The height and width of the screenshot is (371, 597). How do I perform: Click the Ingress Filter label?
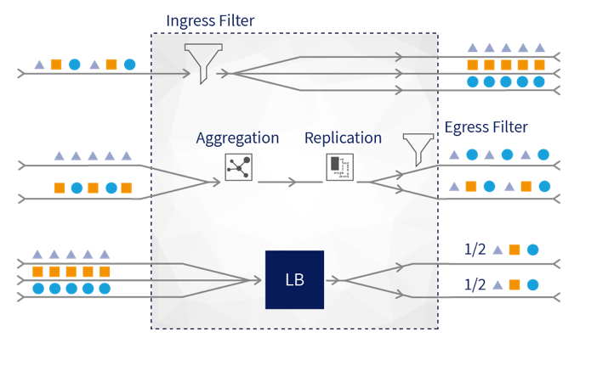pyautogui.click(x=210, y=20)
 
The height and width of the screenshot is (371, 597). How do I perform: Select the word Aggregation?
pyautogui.click(x=237, y=138)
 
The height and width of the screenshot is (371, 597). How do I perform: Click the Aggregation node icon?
pyautogui.click(x=238, y=168)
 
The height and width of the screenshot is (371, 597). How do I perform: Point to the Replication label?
pyautogui.click(x=343, y=138)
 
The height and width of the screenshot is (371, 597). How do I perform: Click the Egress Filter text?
pyautogui.click(x=486, y=127)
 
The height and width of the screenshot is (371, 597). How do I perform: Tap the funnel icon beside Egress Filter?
pyautogui.click(x=418, y=149)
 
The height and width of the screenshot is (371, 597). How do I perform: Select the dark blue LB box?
pyautogui.click(x=294, y=279)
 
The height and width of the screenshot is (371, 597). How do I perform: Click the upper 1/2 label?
pyautogui.click(x=475, y=250)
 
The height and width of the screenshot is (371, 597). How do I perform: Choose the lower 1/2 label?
pyautogui.click(x=475, y=284)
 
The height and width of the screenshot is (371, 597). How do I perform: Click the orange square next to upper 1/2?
pyautogui.click(x=515, y=250)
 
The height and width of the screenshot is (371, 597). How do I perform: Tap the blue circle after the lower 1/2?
pyautogui.click(x=532, y=285)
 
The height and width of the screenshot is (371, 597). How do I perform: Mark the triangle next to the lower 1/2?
pyautogui.click(x=497, y=285)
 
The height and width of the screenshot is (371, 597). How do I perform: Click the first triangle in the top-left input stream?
pyautogui.click(x=39, y=64)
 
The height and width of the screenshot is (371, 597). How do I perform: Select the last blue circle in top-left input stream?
pyautogui.click(x=129, y=64)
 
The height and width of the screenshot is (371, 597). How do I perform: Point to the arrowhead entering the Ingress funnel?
pyautogui.click(x=185, y=74)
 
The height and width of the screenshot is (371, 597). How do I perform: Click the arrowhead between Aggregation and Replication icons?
pyautogui.click(x=293, y=182)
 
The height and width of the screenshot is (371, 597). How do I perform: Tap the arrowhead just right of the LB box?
pyautogui.click(x=339, y=280)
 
